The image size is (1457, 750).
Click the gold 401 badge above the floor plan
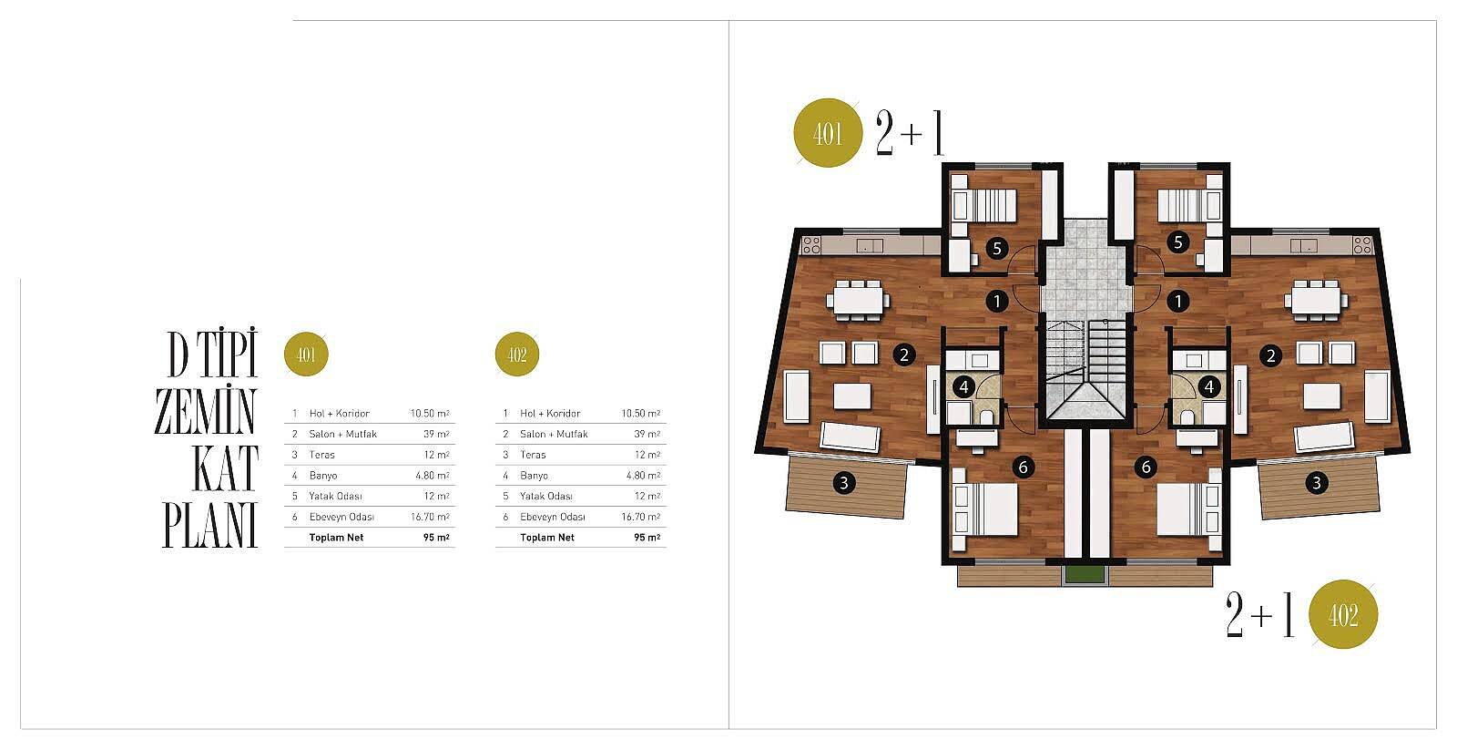click(828, 133)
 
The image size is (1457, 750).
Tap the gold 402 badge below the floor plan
click(1343, 614)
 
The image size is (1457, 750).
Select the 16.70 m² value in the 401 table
click(430, 517)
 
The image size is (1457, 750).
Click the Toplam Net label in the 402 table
click(547, 538)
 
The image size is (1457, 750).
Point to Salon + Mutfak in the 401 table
click(342, 435)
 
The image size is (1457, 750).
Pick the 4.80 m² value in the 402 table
click(643, 476)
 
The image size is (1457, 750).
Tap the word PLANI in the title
click(210, 525)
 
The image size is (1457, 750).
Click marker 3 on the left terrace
click(844, 483)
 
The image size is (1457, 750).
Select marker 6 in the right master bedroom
click(1146, 467)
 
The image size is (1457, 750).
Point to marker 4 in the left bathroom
click(964, 387)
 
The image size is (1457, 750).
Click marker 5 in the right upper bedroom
click(1178, 242)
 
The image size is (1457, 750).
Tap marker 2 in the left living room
click(904, 354)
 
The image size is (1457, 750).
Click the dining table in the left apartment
click(858, 301)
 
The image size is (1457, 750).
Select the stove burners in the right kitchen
click(1362, 245)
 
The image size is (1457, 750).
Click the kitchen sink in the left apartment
click(870, 245)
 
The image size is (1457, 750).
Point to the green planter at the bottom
click(1085, 576)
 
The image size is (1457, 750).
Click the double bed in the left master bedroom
click(984, 509)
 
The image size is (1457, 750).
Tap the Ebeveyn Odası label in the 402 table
click(552, 517)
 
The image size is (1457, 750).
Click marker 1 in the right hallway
click(1178, 301)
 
